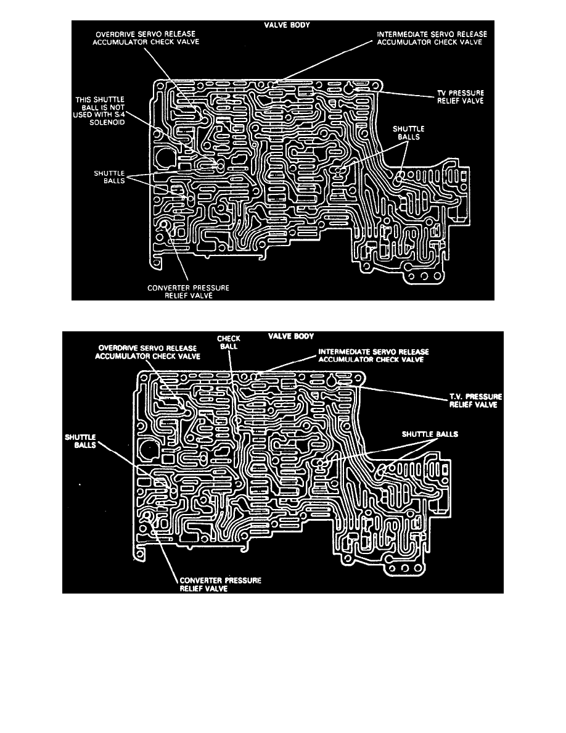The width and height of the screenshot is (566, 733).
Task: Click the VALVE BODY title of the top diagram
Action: coord(284,25)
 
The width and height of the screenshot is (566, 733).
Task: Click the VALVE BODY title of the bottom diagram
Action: coord(290,336)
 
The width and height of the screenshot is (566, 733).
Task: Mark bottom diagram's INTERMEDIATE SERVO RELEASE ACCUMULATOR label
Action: coord(370,356)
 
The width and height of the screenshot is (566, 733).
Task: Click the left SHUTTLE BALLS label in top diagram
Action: coord(112,177)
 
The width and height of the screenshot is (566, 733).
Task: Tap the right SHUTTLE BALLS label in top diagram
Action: coord(406,133)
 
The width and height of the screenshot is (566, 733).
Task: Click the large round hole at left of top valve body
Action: coord(166,158)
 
